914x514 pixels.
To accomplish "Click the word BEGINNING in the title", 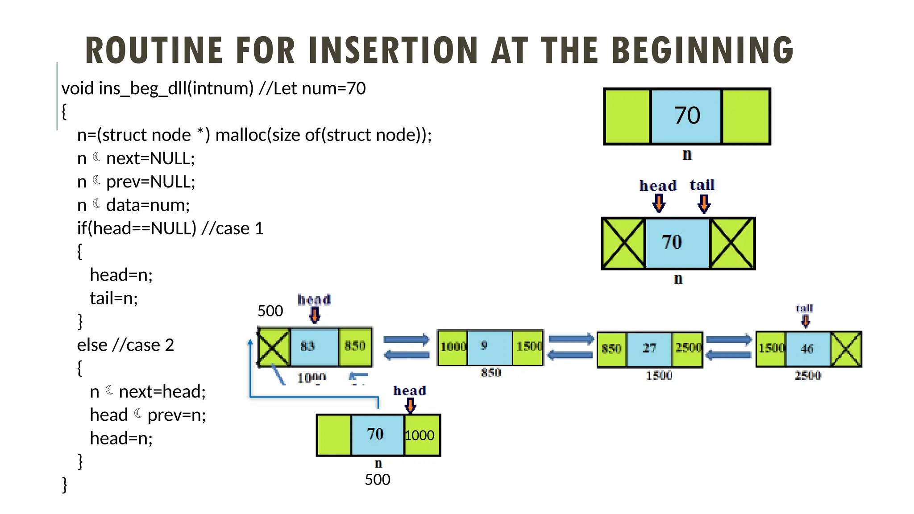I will coord(702,50).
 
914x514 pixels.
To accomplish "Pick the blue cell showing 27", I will coord(649,349).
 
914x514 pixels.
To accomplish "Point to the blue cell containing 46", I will coord(807,349).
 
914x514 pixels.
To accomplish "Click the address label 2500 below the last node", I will coord(808,376).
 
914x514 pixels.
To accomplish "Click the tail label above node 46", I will coord(805,308).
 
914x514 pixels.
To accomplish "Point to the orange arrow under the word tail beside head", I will coord(704,204).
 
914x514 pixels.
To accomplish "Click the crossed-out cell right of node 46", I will coord(846,349).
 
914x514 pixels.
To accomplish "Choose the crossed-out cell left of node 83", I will coord(274,347).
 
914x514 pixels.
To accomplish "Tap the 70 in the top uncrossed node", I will coord(686,116).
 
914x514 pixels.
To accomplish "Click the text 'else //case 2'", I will coord(125,345).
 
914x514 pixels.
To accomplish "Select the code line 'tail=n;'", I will coord(114,298).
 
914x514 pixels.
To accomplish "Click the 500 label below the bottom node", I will coord(378,480).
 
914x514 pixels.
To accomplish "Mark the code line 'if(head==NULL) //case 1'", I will coord(170,228).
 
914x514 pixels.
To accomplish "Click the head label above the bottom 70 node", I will coord(409,391).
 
